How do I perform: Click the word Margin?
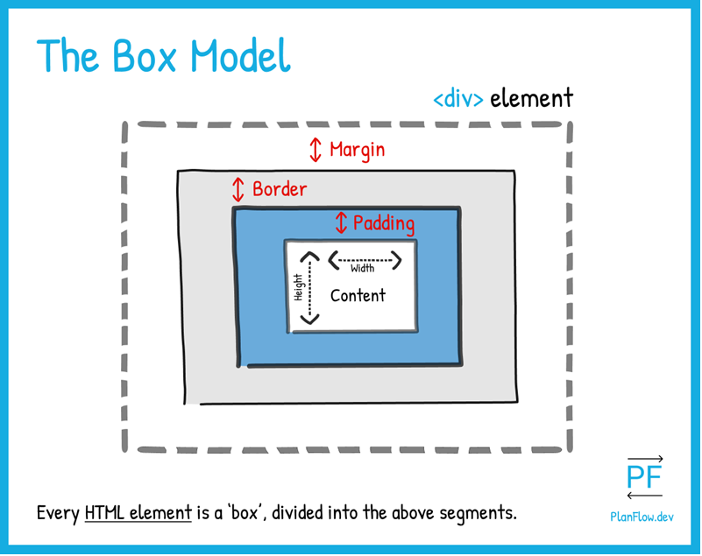pyautogui.click(x=357, y=151)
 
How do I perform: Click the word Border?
pyautogui.click(x=280, y=189)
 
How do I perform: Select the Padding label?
pyautogui.click(x=384, y=223)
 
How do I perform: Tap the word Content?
pyautogui.click(x=358, y=296)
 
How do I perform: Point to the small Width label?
pyautogui.click(x=362, y=269)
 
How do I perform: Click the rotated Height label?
pyautogui.click(x=298, y=287)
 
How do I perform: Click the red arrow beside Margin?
pyautogui.click(x=316, y=150)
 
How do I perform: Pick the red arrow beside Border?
pyautogui.click(x=238, y=190)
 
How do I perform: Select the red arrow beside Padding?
pyautogui.click(x=341, y=222)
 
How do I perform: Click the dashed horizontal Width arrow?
pyautogui.click(x=365, y=260)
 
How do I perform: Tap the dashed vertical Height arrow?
pyautogui.click(x=309, y=287)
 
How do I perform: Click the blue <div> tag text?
pyautogui.click(x=458, y=99)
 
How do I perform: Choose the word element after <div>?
pyautogui.click(x=531, y=98)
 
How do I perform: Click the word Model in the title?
pyautogui.click(x=240, y=55)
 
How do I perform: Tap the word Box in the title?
pyautogui.click(x=145, y=56)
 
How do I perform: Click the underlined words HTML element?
pyautogui.click(x=138, y=512)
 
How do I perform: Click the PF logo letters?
pyautogui.click(x=644, y=477)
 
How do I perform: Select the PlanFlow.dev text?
pyautogui.click(x=642, y=517)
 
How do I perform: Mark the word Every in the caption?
pyautogui.click(x=58, y=513)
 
